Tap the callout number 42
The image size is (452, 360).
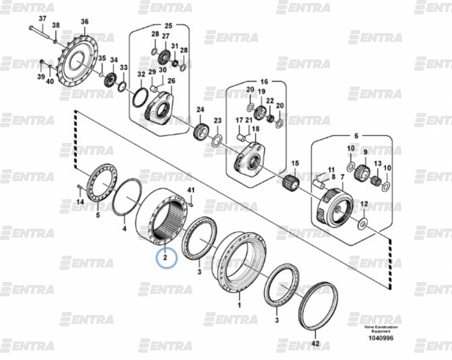click(316, 344)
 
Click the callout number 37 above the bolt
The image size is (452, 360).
click(42, 19)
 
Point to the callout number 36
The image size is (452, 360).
click(84, 22)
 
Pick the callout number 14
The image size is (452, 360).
click(80, 202)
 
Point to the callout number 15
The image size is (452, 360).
click(295, 163)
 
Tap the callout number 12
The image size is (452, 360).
click(363, 205)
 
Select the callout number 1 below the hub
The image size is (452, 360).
click(239, 305)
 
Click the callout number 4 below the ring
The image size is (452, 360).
click(124, 229)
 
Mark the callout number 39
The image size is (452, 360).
click(41, 77)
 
